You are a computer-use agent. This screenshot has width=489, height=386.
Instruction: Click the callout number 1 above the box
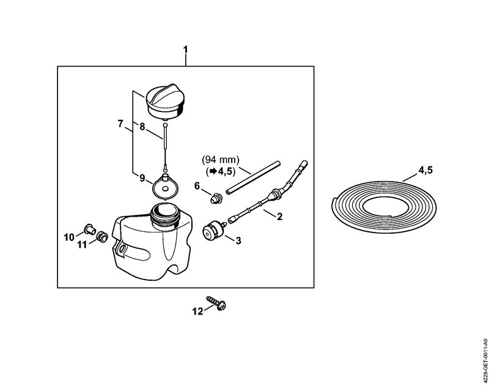[186, 50]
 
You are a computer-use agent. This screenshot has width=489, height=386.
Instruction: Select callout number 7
[120, 124]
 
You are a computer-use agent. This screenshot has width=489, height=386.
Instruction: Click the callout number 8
[142, 127]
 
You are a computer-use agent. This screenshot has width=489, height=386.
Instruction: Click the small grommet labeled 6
[216, 198]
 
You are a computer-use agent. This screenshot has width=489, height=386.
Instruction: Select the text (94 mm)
[221, 160]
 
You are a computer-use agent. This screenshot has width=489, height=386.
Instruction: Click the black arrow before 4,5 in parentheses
[213, 171]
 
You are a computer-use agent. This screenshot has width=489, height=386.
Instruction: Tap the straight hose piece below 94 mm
[253, 178]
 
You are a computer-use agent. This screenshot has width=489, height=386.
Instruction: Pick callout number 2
[279, 217]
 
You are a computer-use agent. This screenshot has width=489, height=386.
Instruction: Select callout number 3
[238, 240]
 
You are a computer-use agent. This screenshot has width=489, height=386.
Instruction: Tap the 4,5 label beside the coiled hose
[425, 171]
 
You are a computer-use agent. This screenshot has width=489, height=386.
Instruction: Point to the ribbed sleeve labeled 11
[101, 236]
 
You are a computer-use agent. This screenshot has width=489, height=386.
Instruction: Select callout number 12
[197, 311]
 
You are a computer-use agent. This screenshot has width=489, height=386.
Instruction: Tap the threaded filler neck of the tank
[164, 215]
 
